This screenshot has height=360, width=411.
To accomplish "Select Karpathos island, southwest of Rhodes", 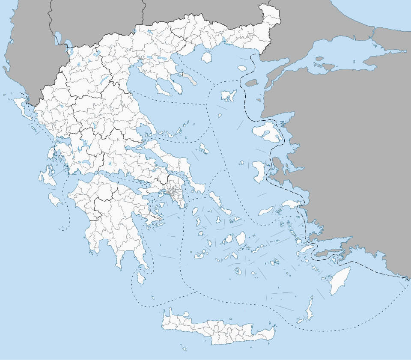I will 309,309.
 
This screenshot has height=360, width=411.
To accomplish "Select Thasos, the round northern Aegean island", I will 207,57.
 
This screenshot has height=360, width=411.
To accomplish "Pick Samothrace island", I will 242,68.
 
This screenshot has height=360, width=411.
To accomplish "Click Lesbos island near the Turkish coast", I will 268,131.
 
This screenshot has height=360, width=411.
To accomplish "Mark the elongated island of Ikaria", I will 265,211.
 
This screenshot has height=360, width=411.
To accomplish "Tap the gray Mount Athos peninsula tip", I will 192,81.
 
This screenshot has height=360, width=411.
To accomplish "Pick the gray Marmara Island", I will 328,66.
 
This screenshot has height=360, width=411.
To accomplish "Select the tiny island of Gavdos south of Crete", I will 185,349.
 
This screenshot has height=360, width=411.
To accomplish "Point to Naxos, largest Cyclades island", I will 241,238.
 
